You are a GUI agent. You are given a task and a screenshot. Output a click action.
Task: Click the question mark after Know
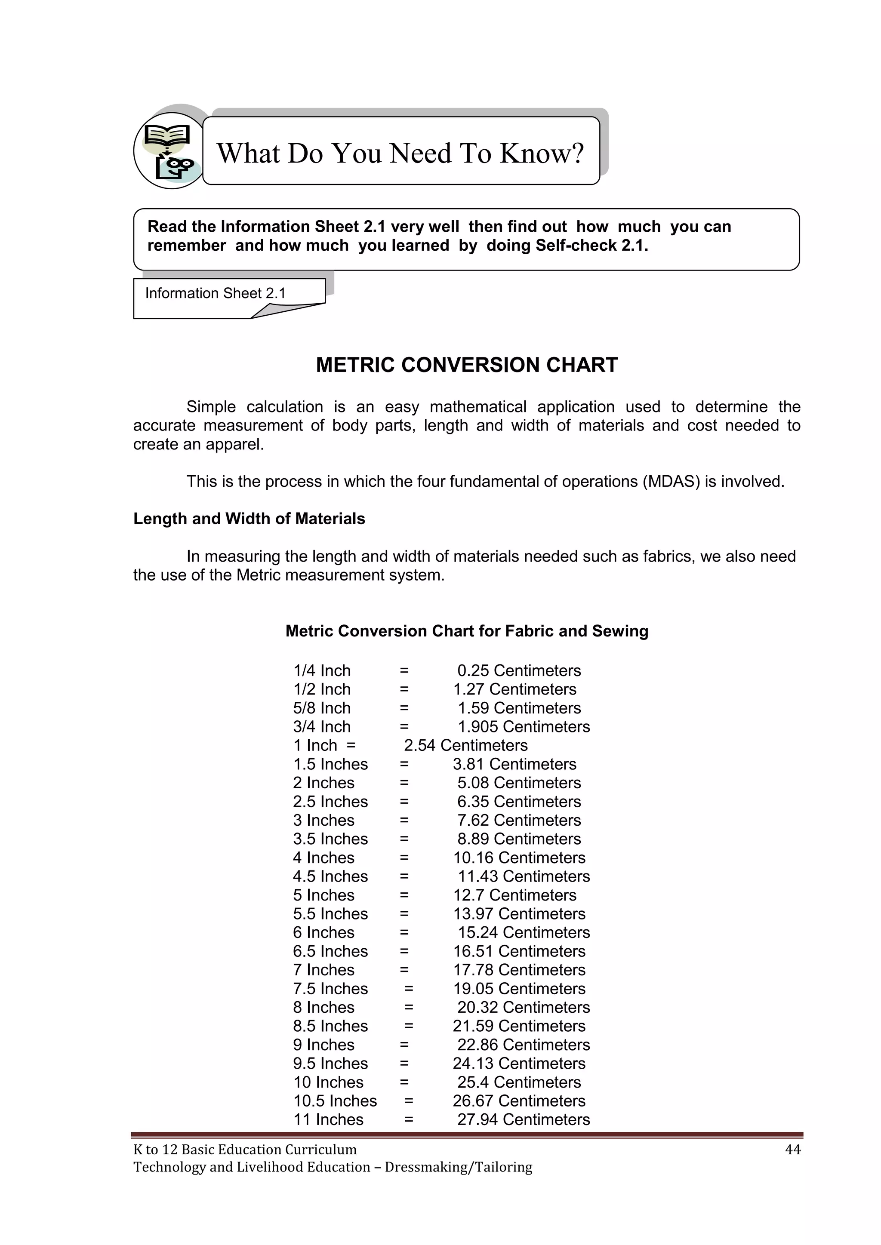[x=577, y=154]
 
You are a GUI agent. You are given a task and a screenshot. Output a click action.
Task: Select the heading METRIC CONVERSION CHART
[x=467, y=365]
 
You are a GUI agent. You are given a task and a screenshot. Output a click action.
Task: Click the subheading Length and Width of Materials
[x=249, y=519]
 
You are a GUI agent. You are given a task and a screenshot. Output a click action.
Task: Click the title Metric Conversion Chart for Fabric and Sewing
[x=467, y=631]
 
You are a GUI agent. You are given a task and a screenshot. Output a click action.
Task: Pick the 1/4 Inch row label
[x=322, y=671]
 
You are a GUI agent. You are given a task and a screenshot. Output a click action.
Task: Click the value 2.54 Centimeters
[x=465, y=746]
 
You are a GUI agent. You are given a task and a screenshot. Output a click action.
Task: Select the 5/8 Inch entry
[x=322, y=708]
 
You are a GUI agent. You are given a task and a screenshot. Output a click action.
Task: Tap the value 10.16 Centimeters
[x=519, y=858]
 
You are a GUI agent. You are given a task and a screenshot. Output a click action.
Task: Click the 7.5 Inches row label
[x=330, y=989]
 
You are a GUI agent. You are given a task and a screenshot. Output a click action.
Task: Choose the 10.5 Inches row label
[x=335, y=1101]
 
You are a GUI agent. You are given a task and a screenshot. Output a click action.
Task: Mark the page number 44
[x=792, y=1150]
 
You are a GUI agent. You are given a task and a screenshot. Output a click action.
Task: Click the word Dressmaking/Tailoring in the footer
[x=459, y=1167]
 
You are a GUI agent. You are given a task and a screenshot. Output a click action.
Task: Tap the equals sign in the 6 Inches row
[x=404, y=933]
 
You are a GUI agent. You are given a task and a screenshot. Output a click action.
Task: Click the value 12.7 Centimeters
[x=515, y=895]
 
